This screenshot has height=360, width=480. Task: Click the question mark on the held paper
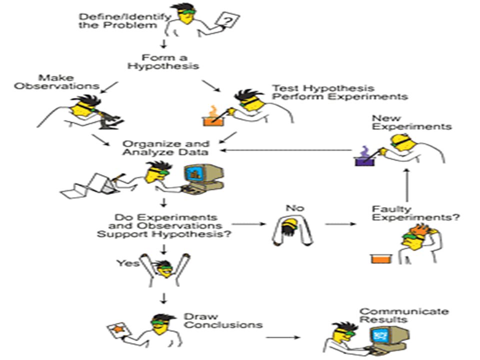(x=227, y=21)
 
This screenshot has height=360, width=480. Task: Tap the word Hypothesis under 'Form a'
(x=163, y=66)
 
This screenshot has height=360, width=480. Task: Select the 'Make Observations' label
(x=56, y=81)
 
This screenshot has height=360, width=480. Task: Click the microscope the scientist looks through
(x=109, y=120)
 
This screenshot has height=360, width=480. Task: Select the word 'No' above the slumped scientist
(x=295, y=208)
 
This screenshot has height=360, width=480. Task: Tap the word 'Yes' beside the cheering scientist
(x=127, y=263)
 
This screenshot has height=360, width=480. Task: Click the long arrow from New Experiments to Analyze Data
(x=286, y=150)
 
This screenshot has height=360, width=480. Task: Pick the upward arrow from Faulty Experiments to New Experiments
(x=407, y=185)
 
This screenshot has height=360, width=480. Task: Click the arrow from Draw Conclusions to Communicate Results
(x=283, y=337)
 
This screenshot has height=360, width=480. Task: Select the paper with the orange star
(x=119, y=330)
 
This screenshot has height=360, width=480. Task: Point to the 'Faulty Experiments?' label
(x=415, y=213)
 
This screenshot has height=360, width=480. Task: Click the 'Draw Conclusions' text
(x=223, y=321)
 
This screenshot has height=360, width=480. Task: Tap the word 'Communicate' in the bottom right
(x=404, y=311)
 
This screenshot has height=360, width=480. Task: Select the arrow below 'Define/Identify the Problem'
(x=164, y=43)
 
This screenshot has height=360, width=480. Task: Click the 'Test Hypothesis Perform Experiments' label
(x=340, y=92)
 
